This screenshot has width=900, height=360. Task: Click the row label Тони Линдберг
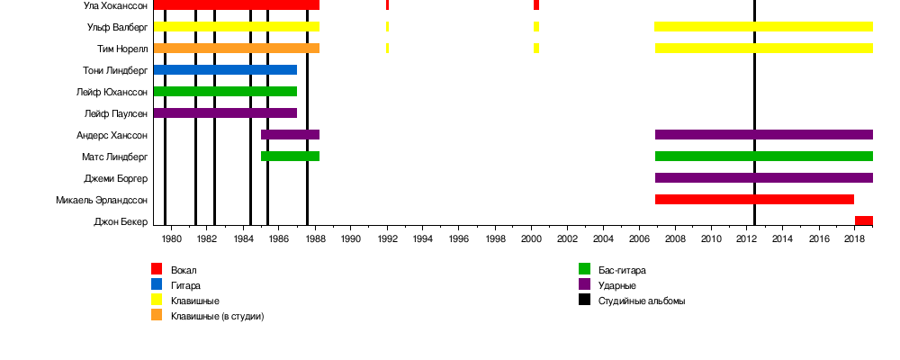pos(114,70)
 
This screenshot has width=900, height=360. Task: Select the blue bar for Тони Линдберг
pos(225,70)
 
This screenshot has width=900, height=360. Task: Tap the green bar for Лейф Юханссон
pos(225,92)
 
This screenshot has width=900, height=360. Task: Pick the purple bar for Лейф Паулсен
pos(225,113)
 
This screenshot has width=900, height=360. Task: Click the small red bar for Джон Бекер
pos(863,220)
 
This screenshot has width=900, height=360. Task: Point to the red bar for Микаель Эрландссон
pos(754,199)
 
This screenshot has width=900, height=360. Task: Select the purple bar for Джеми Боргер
pos(763,177)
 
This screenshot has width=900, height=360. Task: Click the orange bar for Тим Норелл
pos(236,49)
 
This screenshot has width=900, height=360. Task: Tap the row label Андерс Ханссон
pos(112,135)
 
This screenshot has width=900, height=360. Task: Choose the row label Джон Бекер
pos(120,221)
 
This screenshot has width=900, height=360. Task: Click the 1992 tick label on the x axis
pos(387,238)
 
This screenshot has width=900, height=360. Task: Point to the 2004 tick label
pos(603,238)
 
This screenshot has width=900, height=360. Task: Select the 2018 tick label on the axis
pos(854,238)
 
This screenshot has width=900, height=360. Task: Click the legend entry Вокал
pos(184,270)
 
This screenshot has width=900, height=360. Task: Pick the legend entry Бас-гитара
pos(622,270)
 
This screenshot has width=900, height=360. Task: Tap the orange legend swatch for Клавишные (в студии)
pos(157,316)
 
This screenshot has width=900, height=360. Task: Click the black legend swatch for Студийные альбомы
pos(584,301)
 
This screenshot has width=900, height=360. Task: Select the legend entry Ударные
pos(616,285)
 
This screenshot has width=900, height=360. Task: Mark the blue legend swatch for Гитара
pos(157,285)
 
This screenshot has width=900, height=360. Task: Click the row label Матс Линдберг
pos(114,157)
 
